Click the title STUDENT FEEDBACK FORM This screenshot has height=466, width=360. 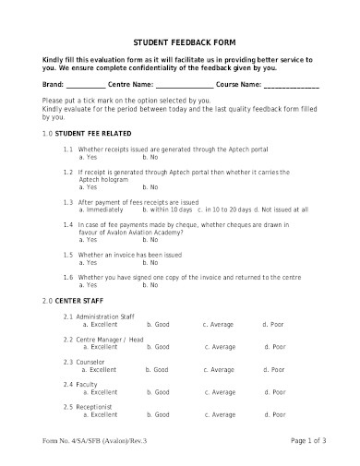tap(180, 42)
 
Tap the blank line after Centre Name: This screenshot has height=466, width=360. tap(190, 87)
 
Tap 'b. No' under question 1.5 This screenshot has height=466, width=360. tap(149, 262)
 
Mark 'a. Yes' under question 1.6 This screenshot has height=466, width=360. tap(90, 287)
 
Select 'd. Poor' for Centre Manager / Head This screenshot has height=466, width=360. tap(273, 347)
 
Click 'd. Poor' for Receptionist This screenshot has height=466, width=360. tap(272, 414)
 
